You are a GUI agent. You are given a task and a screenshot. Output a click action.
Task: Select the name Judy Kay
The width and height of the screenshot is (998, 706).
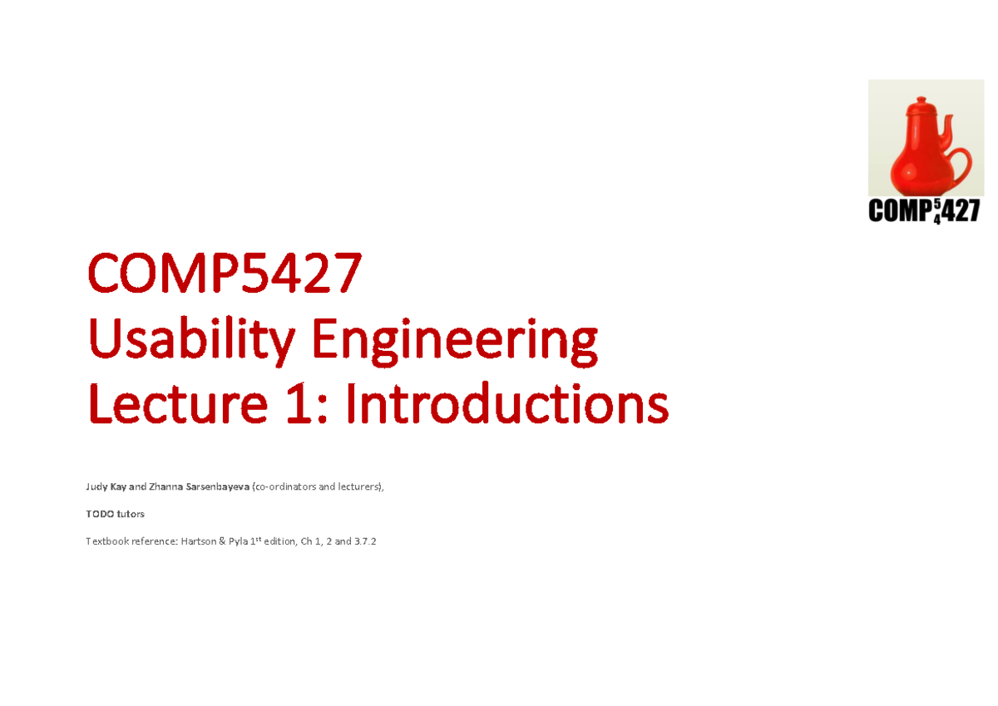[x=107, y=486]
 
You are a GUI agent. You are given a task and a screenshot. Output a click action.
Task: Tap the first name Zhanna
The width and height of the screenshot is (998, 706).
[x=162, y=486]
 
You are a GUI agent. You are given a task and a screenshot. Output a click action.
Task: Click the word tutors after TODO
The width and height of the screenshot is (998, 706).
[x=131, y=514]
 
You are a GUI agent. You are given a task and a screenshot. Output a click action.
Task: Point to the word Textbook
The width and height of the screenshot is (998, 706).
[x=106, y=542]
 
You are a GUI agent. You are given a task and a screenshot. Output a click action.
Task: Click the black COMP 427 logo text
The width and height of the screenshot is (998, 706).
[x=922, y=212]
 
